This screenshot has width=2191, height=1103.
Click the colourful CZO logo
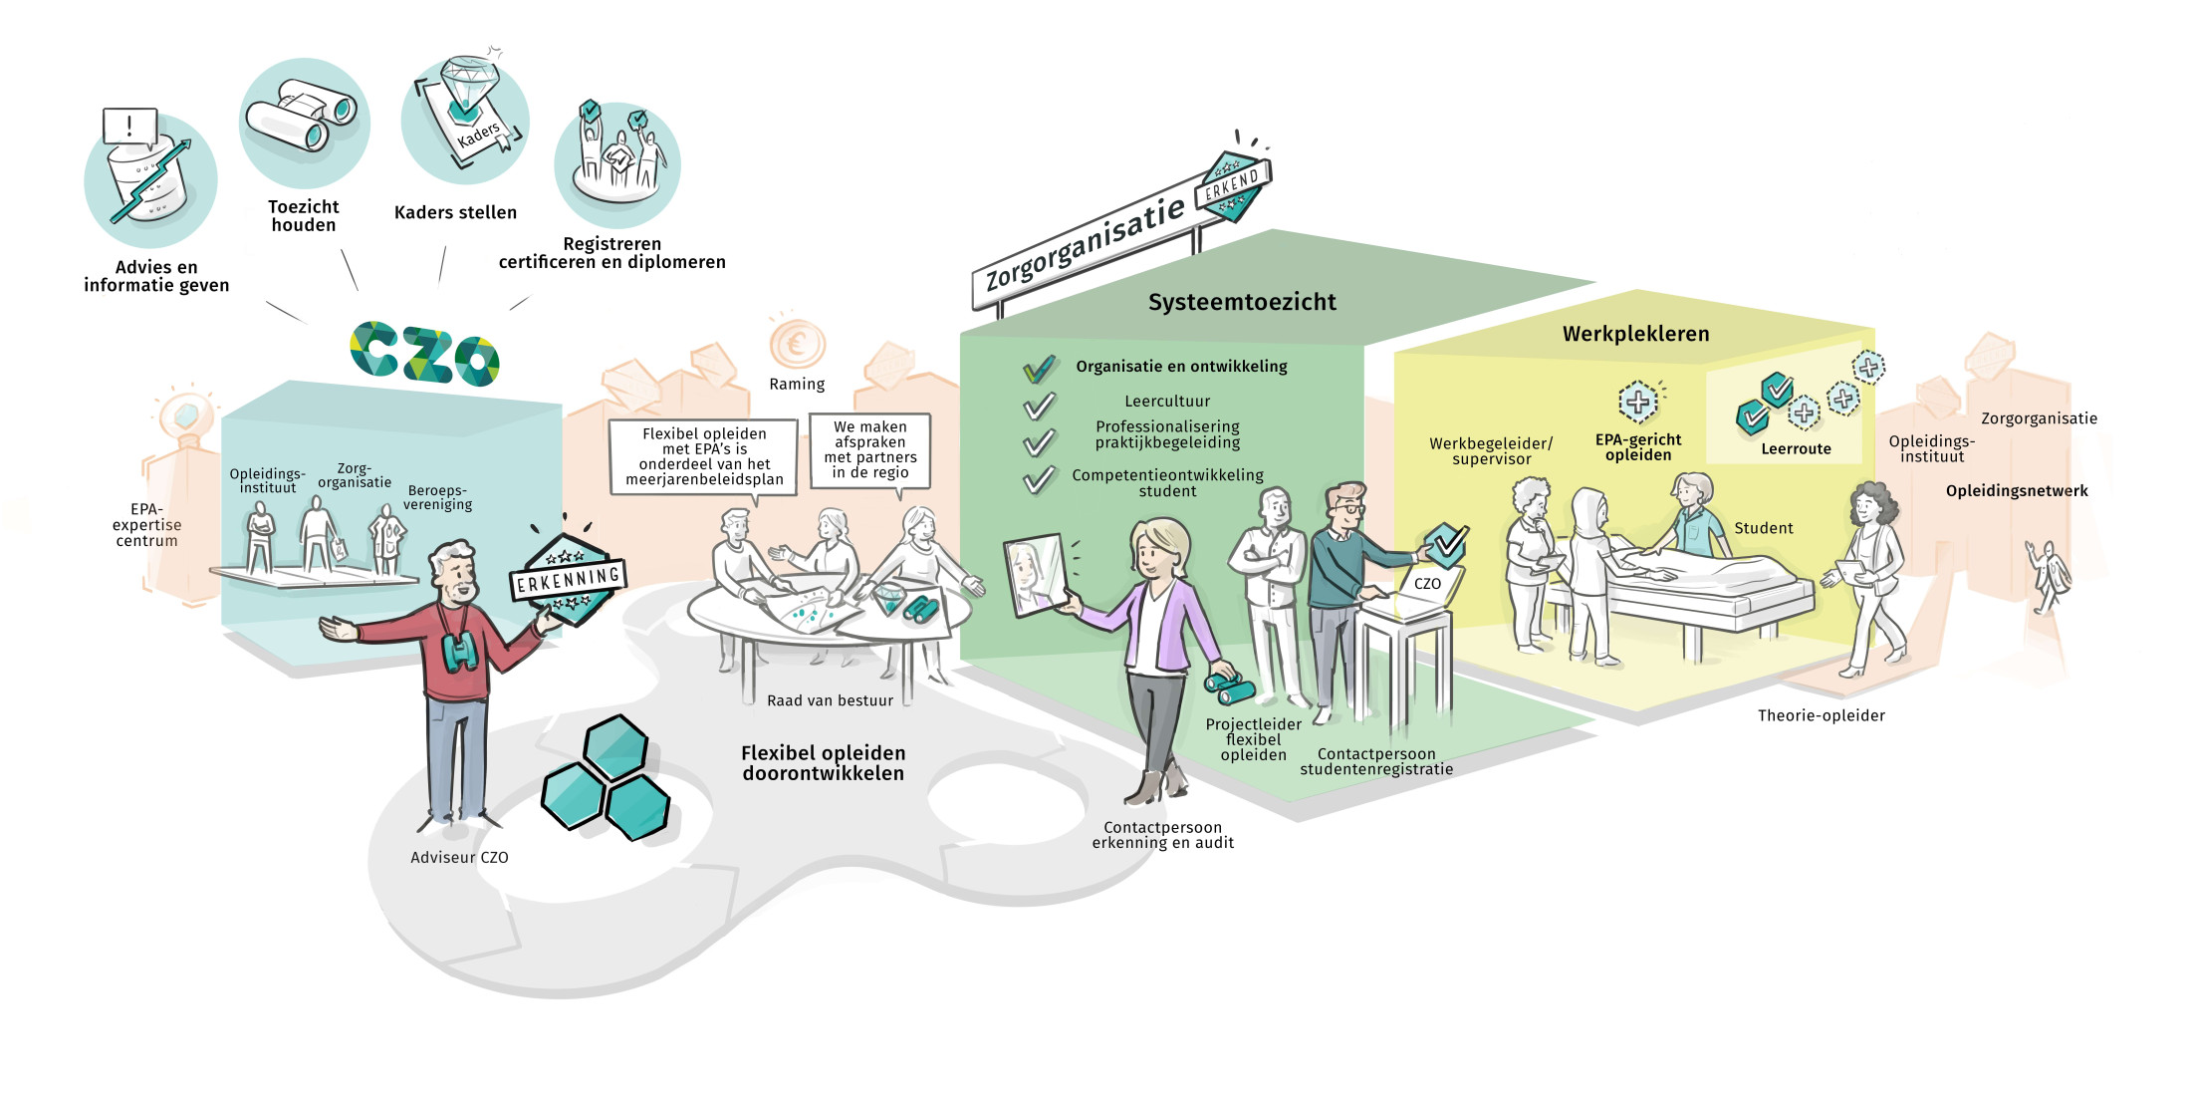click(425, 354)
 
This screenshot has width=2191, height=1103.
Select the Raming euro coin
click(797, 345)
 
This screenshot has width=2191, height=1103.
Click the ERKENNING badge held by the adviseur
click(568, 580)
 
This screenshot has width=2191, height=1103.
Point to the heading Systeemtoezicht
click(1242, 302)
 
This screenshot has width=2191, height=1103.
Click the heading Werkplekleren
click(1635, 334)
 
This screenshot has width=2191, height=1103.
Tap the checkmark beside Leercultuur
click(1039, 406)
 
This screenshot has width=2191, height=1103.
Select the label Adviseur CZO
click(459, 857)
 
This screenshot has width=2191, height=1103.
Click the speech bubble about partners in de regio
click(869, 450)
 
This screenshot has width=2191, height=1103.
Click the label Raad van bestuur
click(830, 700)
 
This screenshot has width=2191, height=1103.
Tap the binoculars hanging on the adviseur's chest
click(459, 652)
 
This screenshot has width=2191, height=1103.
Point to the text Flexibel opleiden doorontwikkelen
click(823, 763)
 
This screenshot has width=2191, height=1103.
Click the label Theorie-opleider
click(1821, 715)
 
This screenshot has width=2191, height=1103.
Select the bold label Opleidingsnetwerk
click(2017, 490)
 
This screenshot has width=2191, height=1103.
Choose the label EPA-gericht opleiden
click(1637, 447)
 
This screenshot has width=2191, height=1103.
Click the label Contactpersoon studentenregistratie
click(1375, 761)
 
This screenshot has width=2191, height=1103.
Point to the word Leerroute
click(1796, 448)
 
